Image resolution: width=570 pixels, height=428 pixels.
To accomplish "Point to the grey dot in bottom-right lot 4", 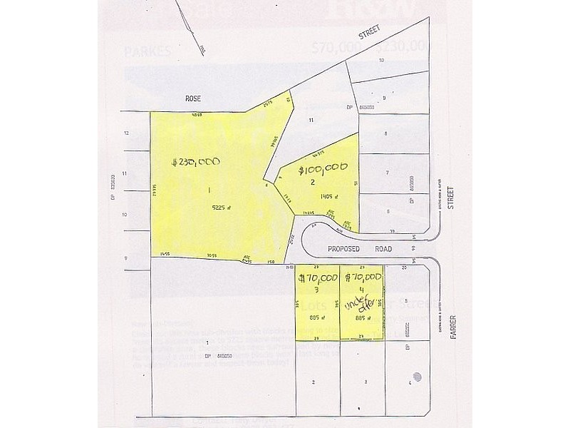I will pos(419,376).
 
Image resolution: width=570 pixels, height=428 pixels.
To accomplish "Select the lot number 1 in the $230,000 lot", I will pos(209,189).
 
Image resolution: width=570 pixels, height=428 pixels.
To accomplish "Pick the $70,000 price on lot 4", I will pos(363,276).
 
